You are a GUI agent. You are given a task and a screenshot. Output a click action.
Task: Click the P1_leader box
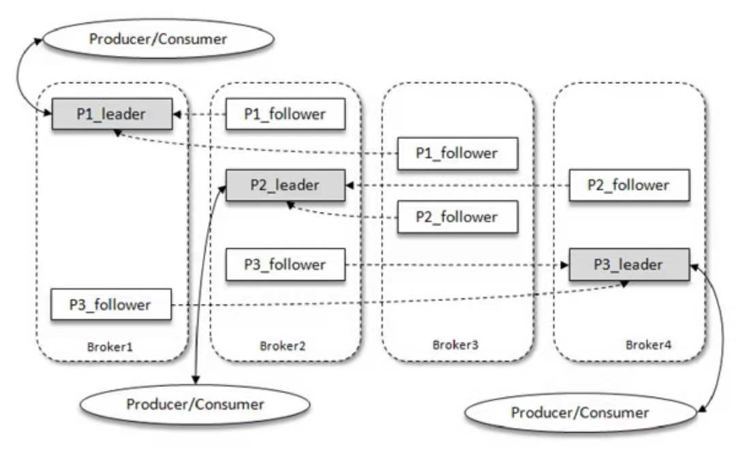[x=112, y=114]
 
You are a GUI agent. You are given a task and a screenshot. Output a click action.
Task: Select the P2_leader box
[x=285, y=185]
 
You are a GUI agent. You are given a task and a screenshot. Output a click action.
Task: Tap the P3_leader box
[x=629, y=264]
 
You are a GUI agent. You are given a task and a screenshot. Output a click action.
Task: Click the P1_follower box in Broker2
[x=285, y=114]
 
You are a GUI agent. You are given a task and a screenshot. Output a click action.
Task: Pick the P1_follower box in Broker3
[x=457, y=153]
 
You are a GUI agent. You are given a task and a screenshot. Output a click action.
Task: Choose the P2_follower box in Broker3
[x=457, y=217]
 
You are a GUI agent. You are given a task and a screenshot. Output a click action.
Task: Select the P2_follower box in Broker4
[x=629, y=185]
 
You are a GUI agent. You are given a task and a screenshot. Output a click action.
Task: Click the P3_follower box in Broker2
[x=285, y=264]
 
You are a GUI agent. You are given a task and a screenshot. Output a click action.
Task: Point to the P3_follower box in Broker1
[x=110, y=305]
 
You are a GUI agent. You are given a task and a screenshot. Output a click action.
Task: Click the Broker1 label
[x=110, y=346]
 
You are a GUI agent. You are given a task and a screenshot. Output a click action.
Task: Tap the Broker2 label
[x=283, y=346]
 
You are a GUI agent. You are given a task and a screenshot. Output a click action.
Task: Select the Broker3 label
[x=456, y=345]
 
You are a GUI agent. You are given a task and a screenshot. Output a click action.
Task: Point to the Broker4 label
[x=648, y=345]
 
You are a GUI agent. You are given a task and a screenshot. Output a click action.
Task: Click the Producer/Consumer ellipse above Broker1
[x=157, y=38]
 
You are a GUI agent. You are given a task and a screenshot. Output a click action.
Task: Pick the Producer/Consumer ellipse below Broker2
[x=195, y=404]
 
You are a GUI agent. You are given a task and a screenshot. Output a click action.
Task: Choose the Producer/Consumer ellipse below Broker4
[x=580, y=412]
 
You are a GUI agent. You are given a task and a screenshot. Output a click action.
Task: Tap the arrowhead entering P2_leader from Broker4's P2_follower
[x=350, y=185]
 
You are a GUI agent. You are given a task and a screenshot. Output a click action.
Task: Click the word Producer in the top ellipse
[x=117, y=38]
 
